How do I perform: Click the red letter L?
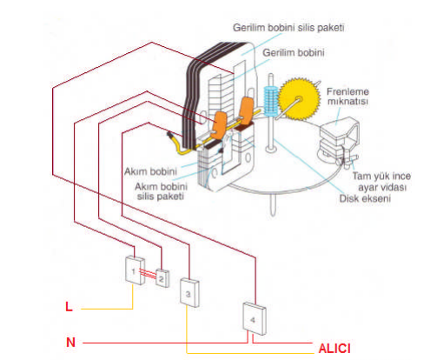click(x=70, y=307)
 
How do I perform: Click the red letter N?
click(x=70, y=343)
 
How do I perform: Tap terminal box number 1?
click(x=134, y=270)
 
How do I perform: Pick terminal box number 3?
click(x=189, y=292)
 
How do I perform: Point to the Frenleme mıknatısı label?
click(x=350, y=95)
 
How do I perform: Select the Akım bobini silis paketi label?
click(x=162, y=191)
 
